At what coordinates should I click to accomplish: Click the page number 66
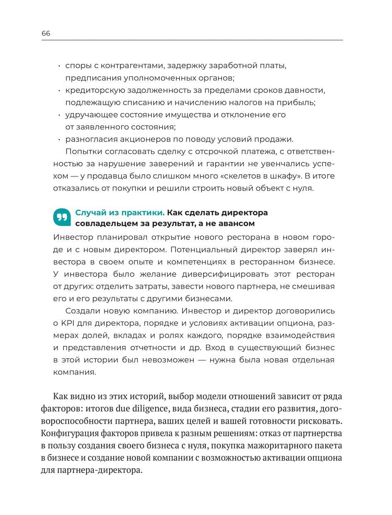click(46, 34)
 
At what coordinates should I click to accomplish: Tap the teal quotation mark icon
click(62, 217)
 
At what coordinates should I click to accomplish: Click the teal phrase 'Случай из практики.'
click(119, 212)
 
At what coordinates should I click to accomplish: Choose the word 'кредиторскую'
click(92, 90)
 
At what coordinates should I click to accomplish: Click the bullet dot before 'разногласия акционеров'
click(59, 139)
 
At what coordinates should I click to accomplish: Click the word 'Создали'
click(81, 310)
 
